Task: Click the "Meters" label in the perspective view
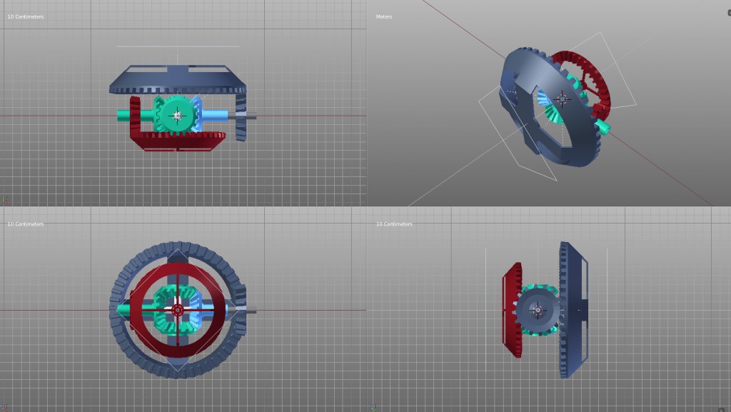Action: [x=384, y=16]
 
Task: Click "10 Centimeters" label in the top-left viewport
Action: [x=25, y=16]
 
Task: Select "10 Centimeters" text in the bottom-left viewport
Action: [x=25, y=224]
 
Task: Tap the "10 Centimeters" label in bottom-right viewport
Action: [x=394, y=224]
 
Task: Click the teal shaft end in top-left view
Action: [x=124, y=115]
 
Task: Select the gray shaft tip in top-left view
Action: [x=251, y=116]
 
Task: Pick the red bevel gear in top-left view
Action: [x=178, y=141]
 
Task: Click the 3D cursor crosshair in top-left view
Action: [x=176, y=115]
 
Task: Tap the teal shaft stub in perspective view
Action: [x=603, y=127]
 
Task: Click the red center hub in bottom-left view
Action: [x=176, y=310]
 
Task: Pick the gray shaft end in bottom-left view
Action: [x=251, y=311]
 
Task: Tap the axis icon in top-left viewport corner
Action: [x=4, y=201]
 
